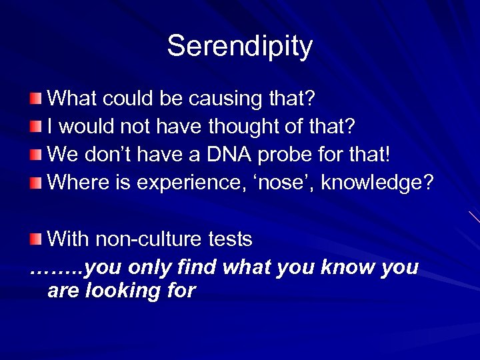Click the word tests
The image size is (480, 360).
point(228,238)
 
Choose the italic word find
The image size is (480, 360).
point(198,267)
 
